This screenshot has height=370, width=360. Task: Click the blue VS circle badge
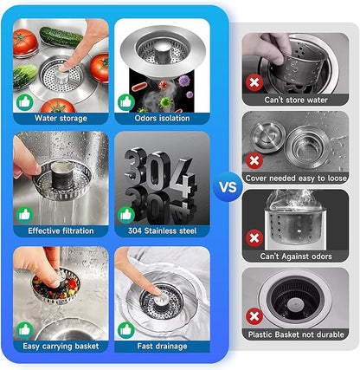click(x=228, y=187)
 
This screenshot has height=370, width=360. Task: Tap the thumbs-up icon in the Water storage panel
click(x=25, y=102)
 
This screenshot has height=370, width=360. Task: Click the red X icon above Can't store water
click(x=254, y=83)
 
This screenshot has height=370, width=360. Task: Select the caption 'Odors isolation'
click(x=162, y=118)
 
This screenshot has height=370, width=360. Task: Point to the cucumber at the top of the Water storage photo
click(x=61, y=36)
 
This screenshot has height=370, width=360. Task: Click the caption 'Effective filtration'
click(x=61, y=230)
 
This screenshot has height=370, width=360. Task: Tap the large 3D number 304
click(x=160, y=171)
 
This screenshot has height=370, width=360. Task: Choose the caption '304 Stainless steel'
click(x=162, y=230)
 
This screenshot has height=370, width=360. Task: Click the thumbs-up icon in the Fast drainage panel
click(x=126, y=330)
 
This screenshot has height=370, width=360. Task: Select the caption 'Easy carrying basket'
click(x=61, y=346)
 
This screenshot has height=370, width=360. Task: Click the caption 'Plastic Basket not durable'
click(x=296, y=334)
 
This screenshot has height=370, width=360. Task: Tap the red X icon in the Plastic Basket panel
click(x=254, y=316)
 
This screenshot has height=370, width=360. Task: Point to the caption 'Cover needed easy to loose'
click(x=296, y=179)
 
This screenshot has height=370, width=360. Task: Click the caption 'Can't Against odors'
click(x=296, y=256)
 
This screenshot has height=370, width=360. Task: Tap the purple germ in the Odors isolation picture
click(x=184, y=81)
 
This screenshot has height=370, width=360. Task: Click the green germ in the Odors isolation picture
click(x=165, y=102)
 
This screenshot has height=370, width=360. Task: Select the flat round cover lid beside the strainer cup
click(x=268, y=137)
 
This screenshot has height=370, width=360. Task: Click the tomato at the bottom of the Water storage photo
click(x=58, y=106)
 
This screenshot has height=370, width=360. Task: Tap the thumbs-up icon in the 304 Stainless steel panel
click(x=126, y=215)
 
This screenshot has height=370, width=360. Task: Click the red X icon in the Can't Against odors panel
click(x=254, y=238)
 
